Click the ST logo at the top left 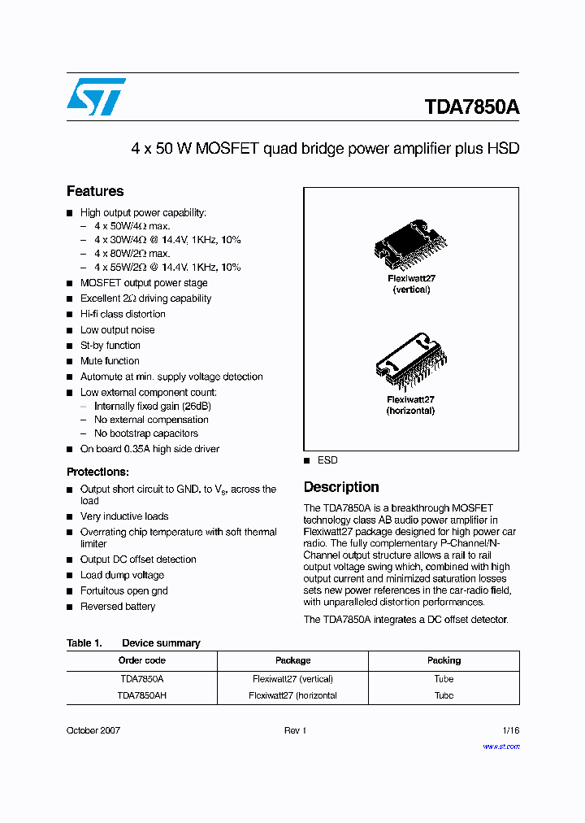click(x=96, y=97)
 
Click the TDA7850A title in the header click(x=471, y=107)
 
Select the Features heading click(x=95, y=191)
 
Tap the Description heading click(x=341, y=487)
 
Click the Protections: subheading click(x=97, y=472)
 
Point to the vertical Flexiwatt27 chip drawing click(x=411, y=243)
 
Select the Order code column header click(x=142, y=660)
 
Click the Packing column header click(x=444, y=660)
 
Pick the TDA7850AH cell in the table click(x=142, y=695)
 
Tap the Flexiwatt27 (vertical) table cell click(x=292, y=678)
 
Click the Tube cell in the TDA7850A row click(x=444, y=678)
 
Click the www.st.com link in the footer click(x=500, y=746)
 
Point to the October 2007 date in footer click(x=93, y=730)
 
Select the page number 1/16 click(x=509, y=730)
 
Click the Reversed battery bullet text click(x=118, y=607)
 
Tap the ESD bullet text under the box click(x=327, y=460)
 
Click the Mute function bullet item click(x=110, y=361)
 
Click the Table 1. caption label click(x=84, y=643)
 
